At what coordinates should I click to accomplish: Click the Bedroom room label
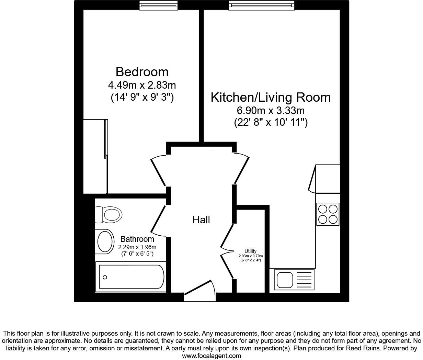pyautogui.click(x=142, y=72)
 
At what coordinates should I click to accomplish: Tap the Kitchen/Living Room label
pyautogui.click(x=271, y=97)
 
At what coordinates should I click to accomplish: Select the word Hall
pyautogui.click(x=201, y=220)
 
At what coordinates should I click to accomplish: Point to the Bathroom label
pyautogui.click(x=137, y=239)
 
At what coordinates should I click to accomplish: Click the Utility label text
pyautogui.click(x=250, y=251)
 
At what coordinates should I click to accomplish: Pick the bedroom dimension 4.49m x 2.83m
pyautogui.click(x=142, y=85)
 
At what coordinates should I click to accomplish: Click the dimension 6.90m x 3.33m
pyautogui.click(x=271, y=111)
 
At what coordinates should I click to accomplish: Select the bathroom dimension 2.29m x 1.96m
pyautogui.click(x=137, y=247)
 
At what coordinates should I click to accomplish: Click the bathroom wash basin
pyautogui.click(x=105, y=241)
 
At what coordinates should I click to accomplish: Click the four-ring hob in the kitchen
pyautogui.click(x=328, y=214)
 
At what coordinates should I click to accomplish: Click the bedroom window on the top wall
pyautogui.click(x=159, y=5)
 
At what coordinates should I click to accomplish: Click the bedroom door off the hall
pyautogui.click(x=159, y=171)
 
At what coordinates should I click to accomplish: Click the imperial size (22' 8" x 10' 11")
pyautogui.click(x=271, y=123)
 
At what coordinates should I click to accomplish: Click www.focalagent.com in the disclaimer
pyautogui.click(x=211, y=356)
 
